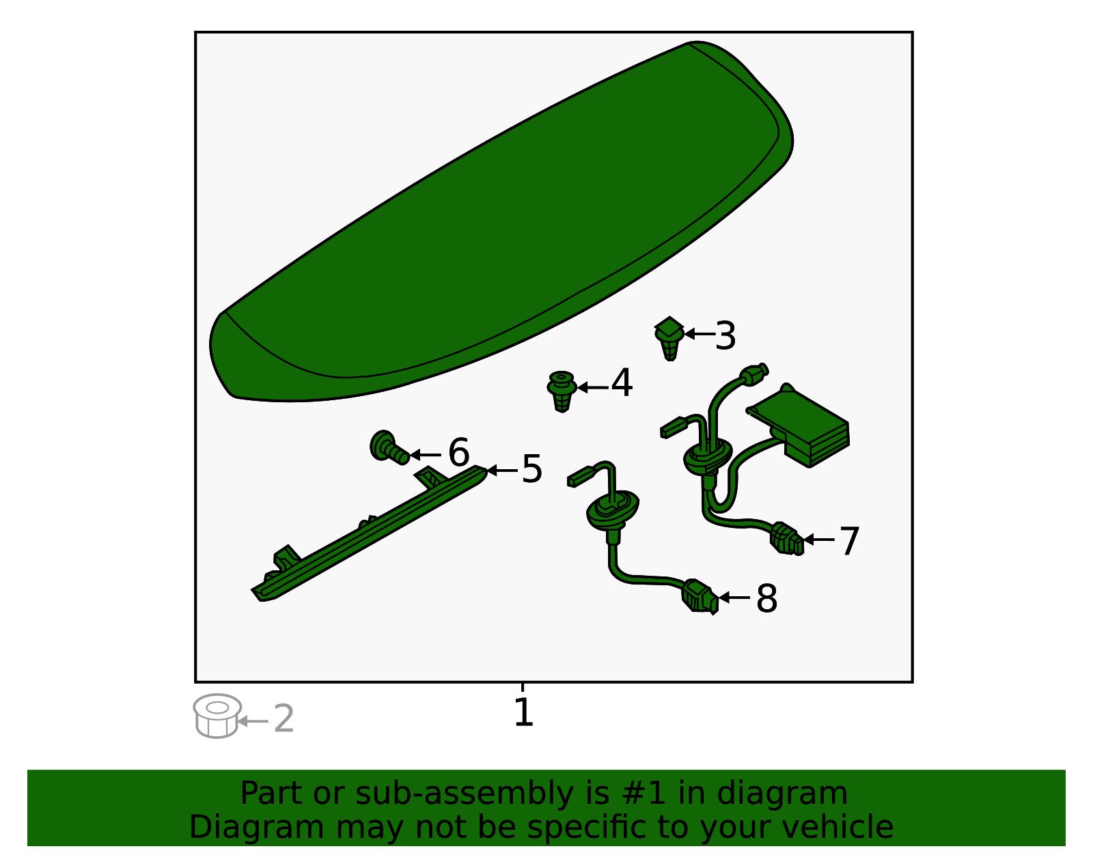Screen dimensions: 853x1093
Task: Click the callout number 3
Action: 725,336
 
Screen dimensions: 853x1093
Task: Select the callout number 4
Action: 622,383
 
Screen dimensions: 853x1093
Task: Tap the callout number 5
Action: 532,469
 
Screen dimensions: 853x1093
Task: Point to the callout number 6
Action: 458,453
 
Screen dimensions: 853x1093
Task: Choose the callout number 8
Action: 766,599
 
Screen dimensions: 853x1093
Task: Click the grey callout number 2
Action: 283,719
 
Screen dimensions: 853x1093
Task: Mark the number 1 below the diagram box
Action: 523,712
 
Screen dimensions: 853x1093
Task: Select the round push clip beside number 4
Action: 562,391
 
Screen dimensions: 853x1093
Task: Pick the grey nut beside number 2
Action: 217,716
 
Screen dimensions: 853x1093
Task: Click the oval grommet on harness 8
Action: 612,509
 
